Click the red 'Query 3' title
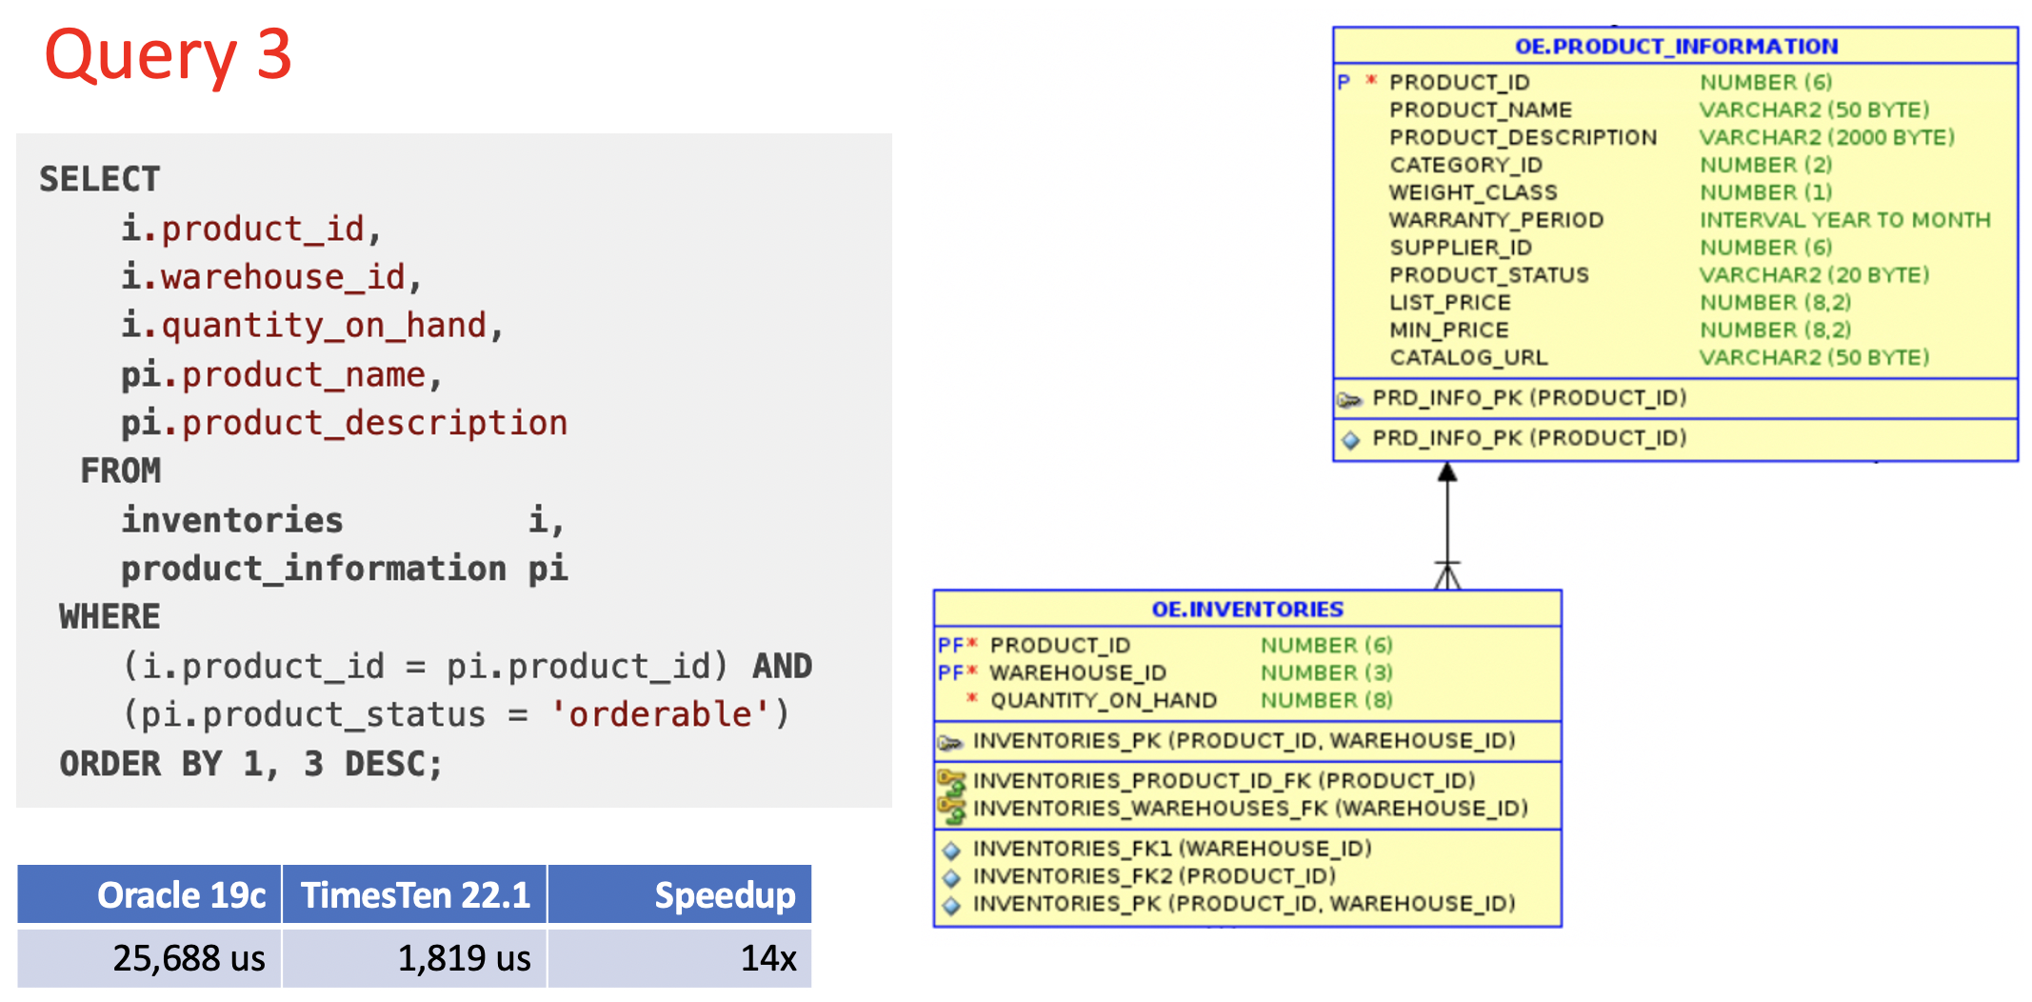point(168,55)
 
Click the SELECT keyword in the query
point(99,179)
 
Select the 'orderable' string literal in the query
point(660,714)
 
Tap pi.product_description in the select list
point(344,423)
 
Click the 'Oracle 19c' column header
point(181,895)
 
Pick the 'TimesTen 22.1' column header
point(415,895)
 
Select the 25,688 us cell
point(189,958)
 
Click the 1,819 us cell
point(464,958)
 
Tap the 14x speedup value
point(767,958)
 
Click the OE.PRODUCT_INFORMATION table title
point(1676,46)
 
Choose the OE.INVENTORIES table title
point(1247,609)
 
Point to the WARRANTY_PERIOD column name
point(1496,220)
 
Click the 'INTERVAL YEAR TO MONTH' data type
point(1844,220)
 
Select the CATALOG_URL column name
point(1468,357)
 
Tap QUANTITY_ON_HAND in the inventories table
point(1104,700)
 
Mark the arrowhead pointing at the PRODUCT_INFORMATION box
point(1447,472)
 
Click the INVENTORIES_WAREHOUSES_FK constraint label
point(1249,809)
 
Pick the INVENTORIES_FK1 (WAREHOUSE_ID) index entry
point(1171,849)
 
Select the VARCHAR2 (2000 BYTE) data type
point(1826,137)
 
